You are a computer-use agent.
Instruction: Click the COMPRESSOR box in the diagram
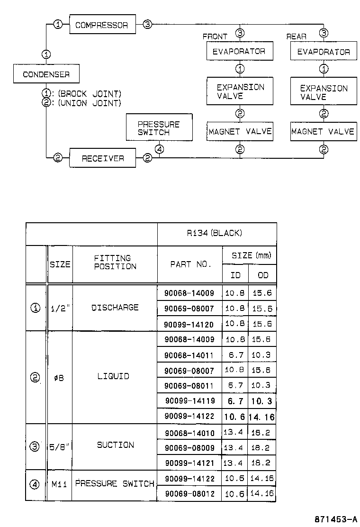[x=102, y=25]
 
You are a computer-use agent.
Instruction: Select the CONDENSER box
[x=46, y=74]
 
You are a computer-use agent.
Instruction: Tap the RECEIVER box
[x=102, y=158]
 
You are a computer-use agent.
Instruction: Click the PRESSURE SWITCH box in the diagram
[x=159, y=127]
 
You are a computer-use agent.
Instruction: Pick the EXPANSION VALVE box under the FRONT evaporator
[x=240, y=91]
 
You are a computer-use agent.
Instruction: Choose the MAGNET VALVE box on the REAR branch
[x=323, y=131]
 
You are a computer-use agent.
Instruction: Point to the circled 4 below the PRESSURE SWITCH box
[x=160, y=149]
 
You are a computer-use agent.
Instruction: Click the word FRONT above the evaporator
[x=215, y=36]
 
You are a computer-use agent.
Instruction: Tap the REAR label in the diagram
[x=297, y=36]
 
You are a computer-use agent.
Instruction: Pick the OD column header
[x=262, y=275]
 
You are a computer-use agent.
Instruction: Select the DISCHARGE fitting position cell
[x=115, y=308]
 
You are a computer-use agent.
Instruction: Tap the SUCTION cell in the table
[x=115, y=445]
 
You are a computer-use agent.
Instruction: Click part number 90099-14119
[x=190, y=401]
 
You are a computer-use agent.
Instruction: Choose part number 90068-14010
[x=189, y=433]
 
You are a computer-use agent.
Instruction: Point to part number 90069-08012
[x=189, y=494]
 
